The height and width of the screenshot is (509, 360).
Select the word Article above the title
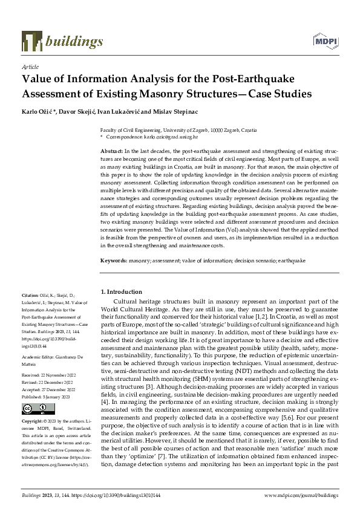pyautogui.click(x=30, y=66)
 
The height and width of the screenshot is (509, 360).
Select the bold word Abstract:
pyautogui.click(x=113, y=149)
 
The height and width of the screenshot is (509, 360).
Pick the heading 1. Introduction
pyautogui.click(x=122, y=291)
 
